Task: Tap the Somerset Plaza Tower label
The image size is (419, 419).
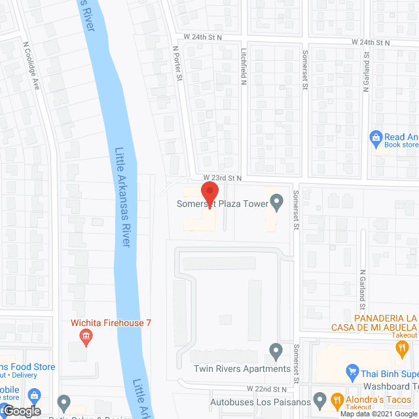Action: [223, 204]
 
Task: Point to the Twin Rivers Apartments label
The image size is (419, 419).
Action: [242, 369]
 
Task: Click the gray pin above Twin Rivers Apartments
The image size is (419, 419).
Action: [276, 352]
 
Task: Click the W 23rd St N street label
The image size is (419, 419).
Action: [223, 177]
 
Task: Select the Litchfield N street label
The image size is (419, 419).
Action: [243, 67]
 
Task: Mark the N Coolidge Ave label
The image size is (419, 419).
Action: [31, 66]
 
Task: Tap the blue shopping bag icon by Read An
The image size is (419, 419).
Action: [376, 137]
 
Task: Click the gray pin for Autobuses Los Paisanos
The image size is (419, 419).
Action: [320, 399]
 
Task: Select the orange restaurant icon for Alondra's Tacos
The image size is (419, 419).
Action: [337, 399]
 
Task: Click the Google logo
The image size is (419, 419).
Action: [22, 411]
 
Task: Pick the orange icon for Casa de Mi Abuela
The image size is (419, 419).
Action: [401, 349]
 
